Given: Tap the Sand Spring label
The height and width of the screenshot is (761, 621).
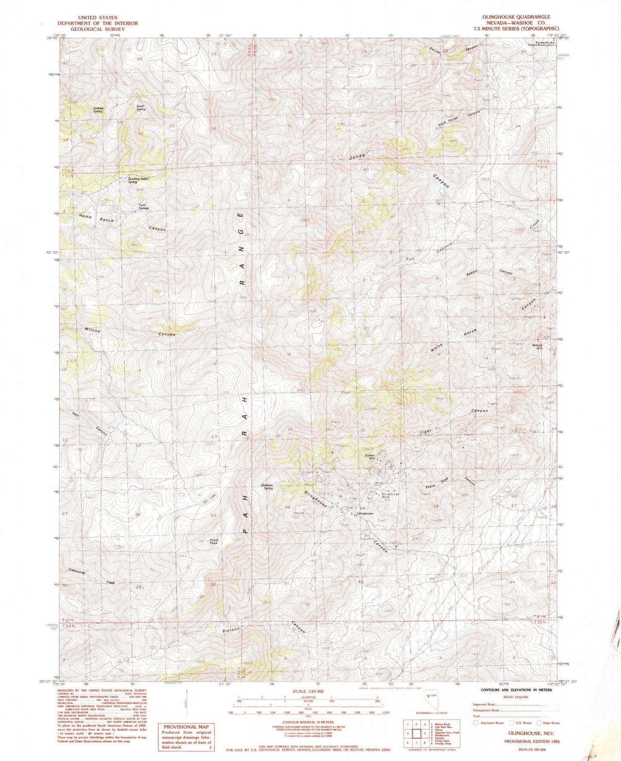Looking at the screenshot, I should [x=141, y=108].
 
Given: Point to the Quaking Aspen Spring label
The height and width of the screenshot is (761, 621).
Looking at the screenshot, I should [x=138, y=180].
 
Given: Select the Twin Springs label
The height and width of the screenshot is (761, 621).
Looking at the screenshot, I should [x=144, y=207].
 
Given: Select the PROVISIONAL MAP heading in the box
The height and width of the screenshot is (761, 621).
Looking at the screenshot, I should [x=186, y=727].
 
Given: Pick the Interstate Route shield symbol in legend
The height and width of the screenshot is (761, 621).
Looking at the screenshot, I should [x=475, y=723].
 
